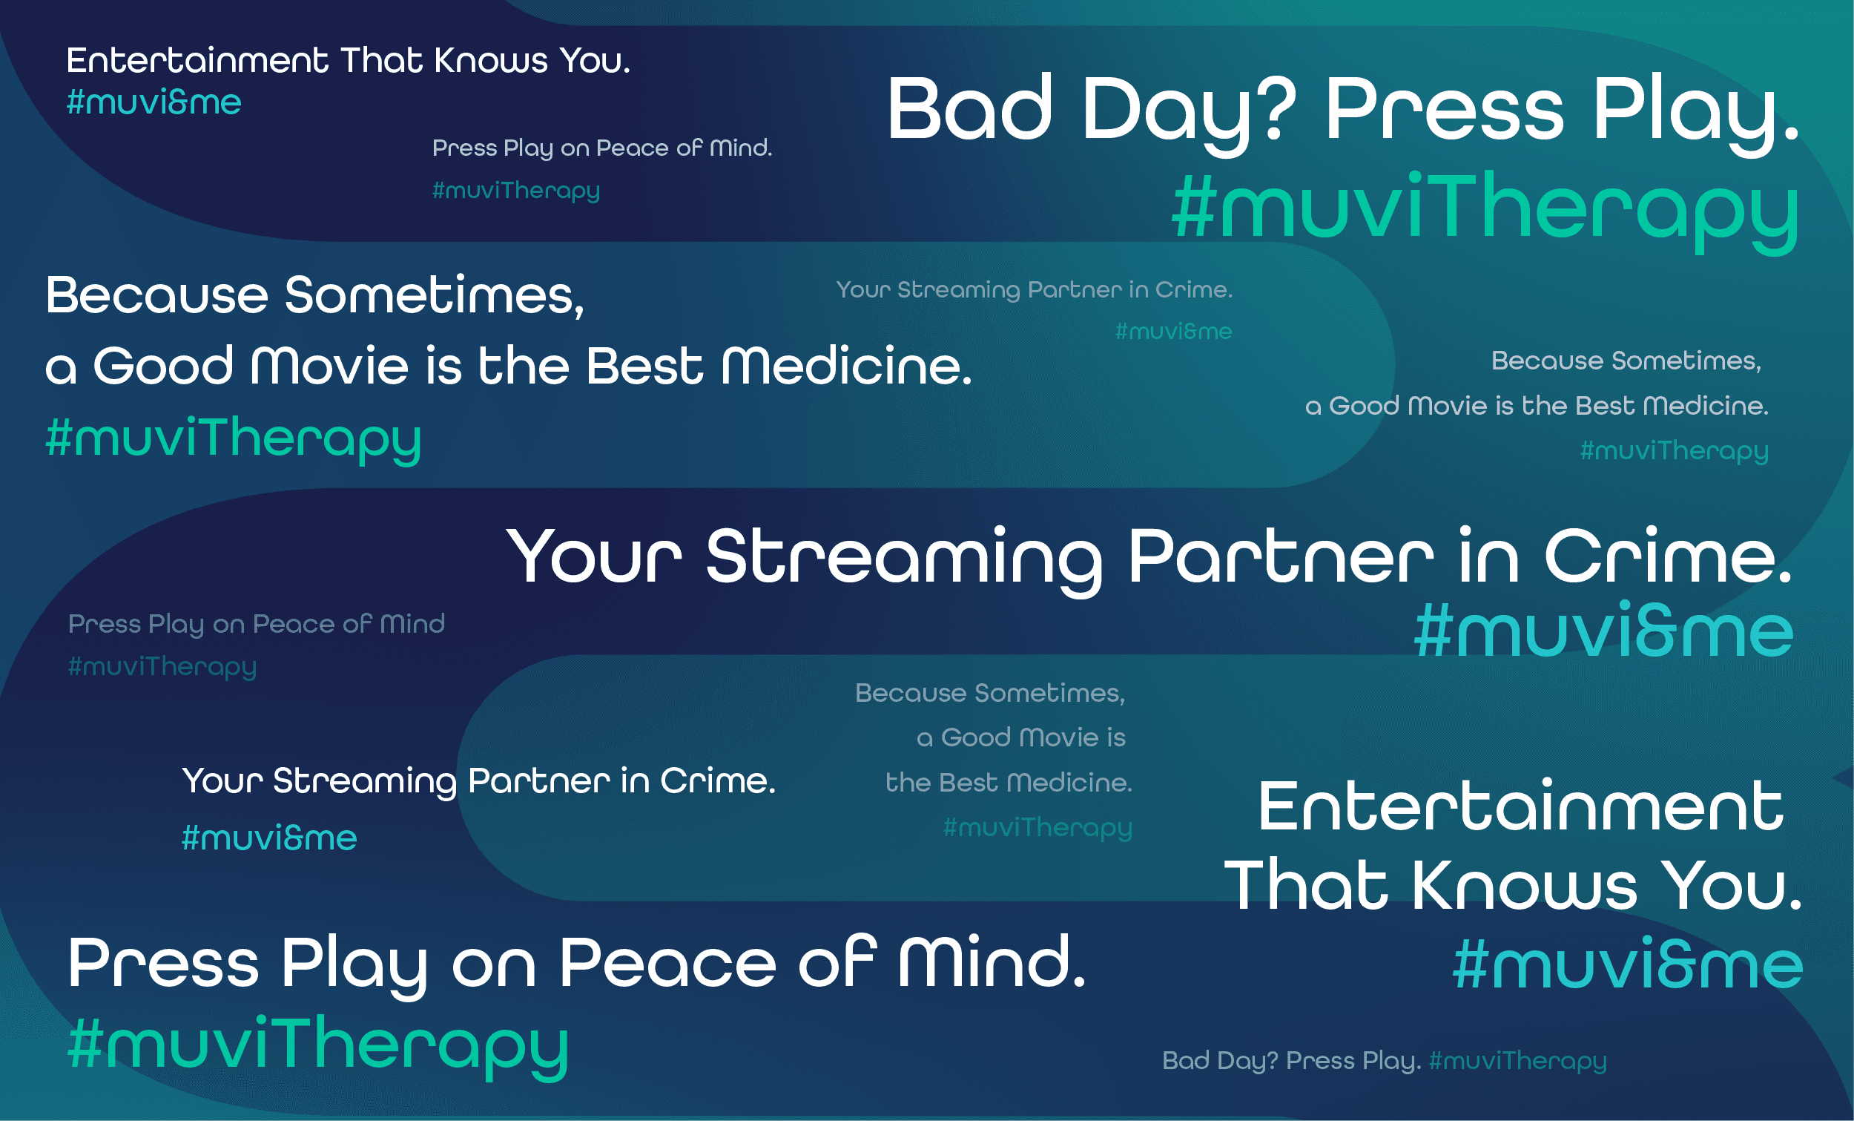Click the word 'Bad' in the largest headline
click(969, 110)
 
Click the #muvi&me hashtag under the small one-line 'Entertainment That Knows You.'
click(154, 102)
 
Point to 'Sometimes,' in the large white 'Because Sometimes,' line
click(434, 295)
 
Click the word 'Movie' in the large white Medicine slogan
click(331, 366)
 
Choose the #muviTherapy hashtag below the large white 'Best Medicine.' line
click(234, 438)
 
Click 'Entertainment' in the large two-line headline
click(1520, 807)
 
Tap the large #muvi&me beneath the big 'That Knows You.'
click(1628, 966)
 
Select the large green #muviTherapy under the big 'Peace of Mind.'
click(317, 1044)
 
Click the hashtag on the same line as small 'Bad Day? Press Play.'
click(1517, 1060)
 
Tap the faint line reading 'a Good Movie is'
click(1021, 737)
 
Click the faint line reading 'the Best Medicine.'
click(1009, 783)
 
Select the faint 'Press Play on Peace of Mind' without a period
click(257, 624)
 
